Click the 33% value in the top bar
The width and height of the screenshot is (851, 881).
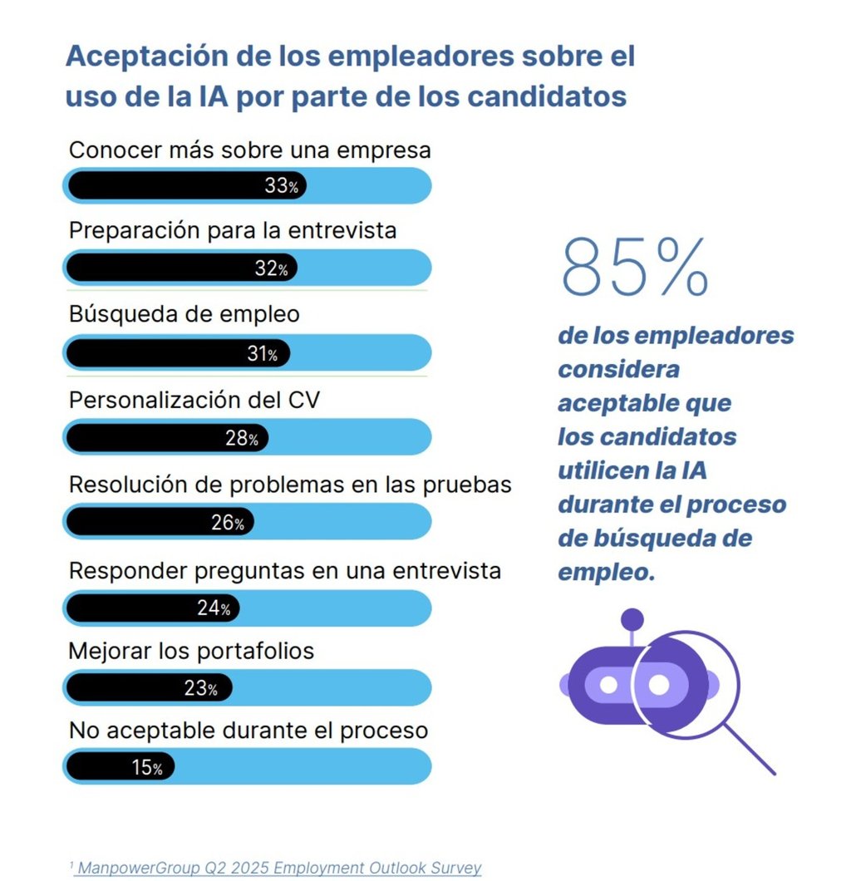point(281,186)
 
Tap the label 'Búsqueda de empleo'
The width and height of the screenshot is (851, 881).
point(184,315)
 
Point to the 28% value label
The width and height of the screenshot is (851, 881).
point(242,439)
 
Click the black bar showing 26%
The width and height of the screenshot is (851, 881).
point(159,523)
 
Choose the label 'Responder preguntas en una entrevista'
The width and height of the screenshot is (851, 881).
point(284,571)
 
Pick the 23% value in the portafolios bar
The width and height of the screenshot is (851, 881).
point(200,689)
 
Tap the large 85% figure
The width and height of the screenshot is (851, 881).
point(636,268)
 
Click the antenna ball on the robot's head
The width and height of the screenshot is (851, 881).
point(632,618)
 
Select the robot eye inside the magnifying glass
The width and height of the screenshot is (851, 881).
point(658,685)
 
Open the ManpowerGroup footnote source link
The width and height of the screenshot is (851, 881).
point(279,868)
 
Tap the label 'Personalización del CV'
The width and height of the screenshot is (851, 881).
point(194,400)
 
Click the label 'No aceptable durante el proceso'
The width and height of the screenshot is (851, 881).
point(248,731)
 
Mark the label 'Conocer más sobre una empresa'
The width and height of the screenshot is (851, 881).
point(249,150)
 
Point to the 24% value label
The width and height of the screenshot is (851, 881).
point(214,608)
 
